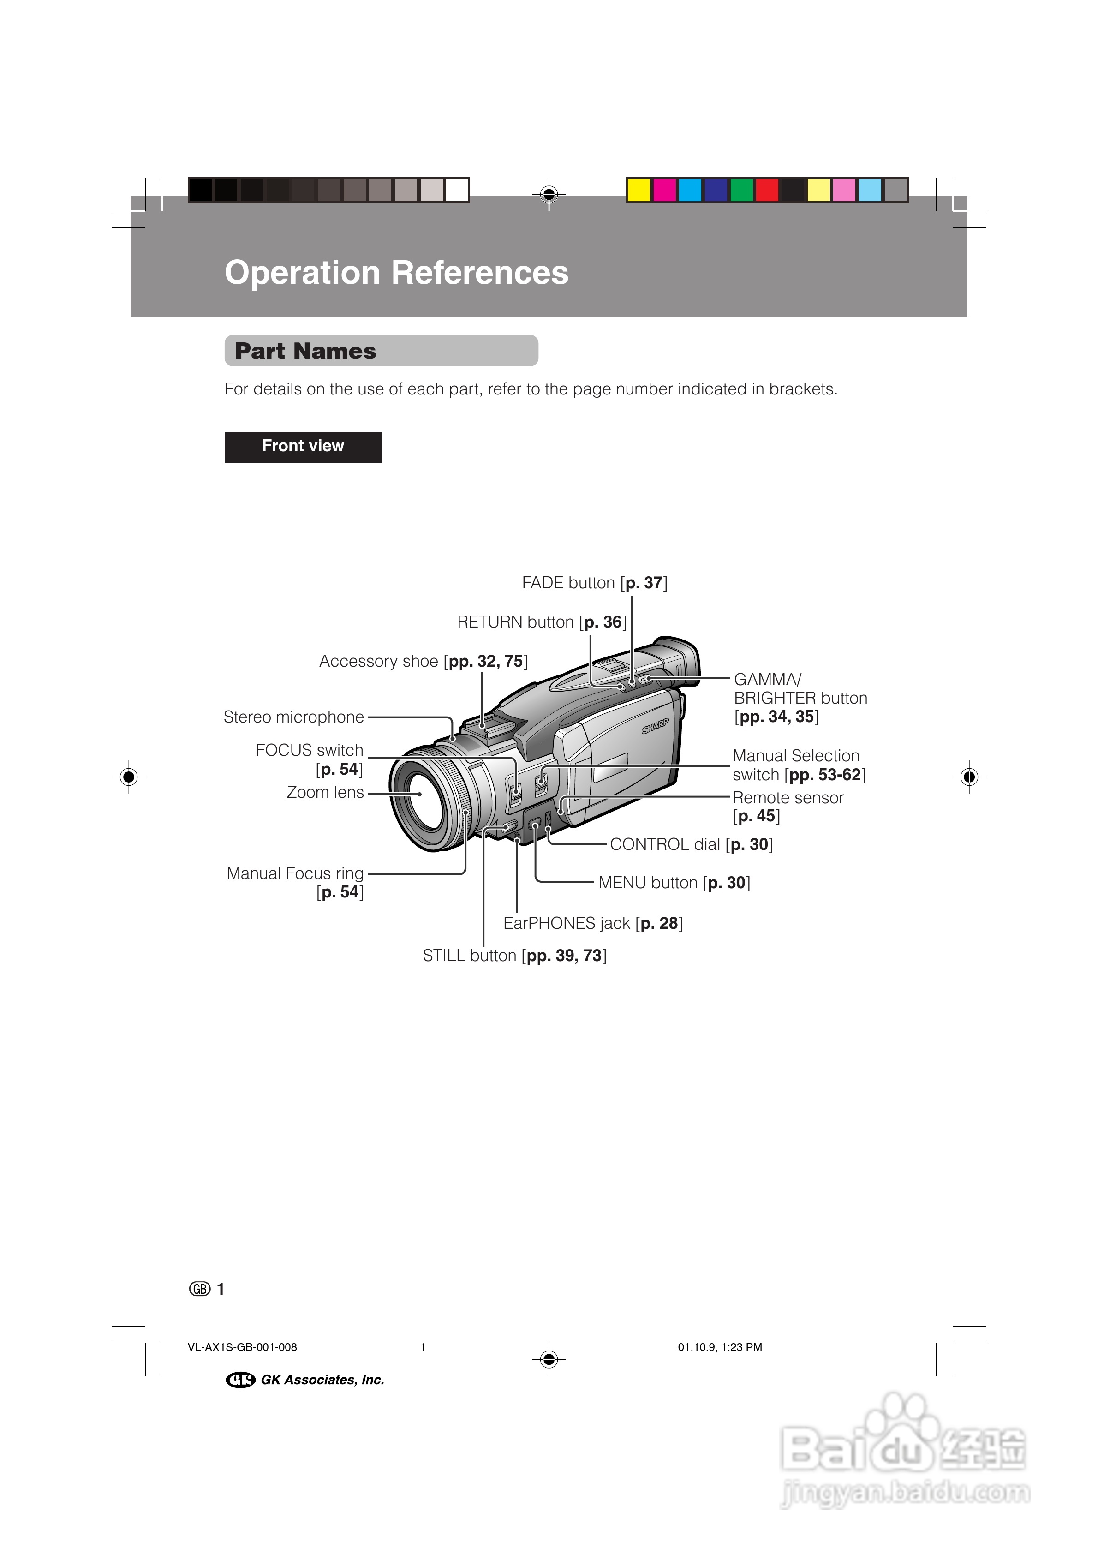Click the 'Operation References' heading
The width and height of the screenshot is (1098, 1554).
396,273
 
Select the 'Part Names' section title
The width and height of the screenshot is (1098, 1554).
305,351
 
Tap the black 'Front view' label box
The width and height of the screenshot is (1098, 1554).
303,447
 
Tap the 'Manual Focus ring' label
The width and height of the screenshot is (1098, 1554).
295,874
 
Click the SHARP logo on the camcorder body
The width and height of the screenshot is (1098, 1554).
655,726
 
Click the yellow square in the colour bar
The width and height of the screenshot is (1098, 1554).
639,190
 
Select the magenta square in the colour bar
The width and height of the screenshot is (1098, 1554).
664,190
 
